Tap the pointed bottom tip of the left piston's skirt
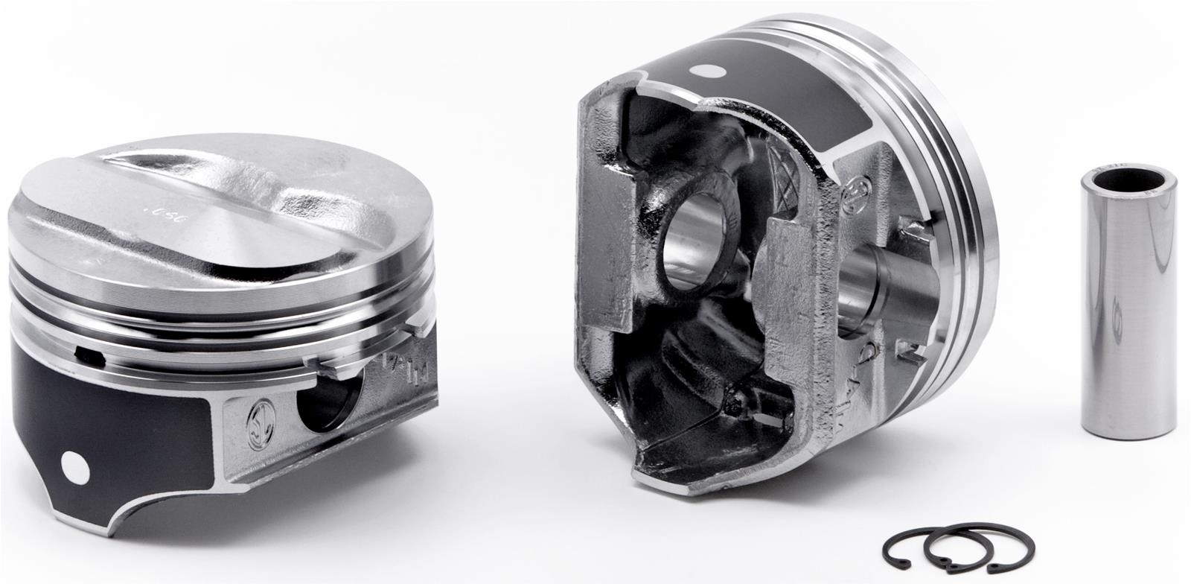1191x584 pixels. coord(112,531)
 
